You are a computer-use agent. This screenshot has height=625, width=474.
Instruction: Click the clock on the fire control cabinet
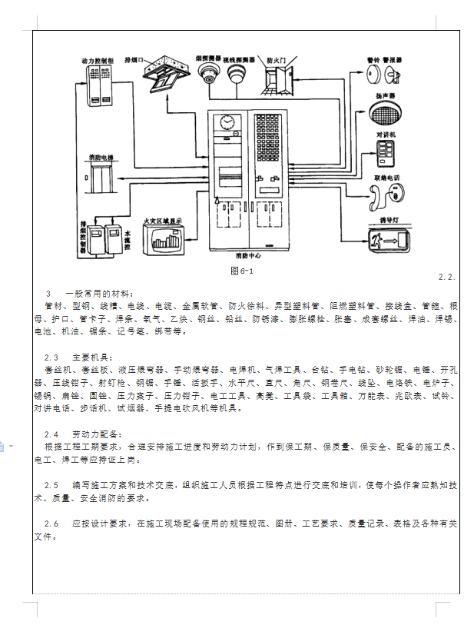click(227, 123)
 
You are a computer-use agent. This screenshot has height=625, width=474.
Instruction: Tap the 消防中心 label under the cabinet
click(250, 254)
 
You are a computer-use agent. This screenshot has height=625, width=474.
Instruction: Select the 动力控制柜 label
click(98, 59)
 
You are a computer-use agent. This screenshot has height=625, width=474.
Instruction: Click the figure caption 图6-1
click(242, 271)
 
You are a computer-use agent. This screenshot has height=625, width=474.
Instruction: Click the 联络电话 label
click(386, 177)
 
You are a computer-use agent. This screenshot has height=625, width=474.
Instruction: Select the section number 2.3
click(51, 357)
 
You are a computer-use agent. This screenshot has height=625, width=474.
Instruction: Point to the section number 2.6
click(51, 524)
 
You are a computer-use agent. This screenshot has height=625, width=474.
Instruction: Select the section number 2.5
click(51, 485)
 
